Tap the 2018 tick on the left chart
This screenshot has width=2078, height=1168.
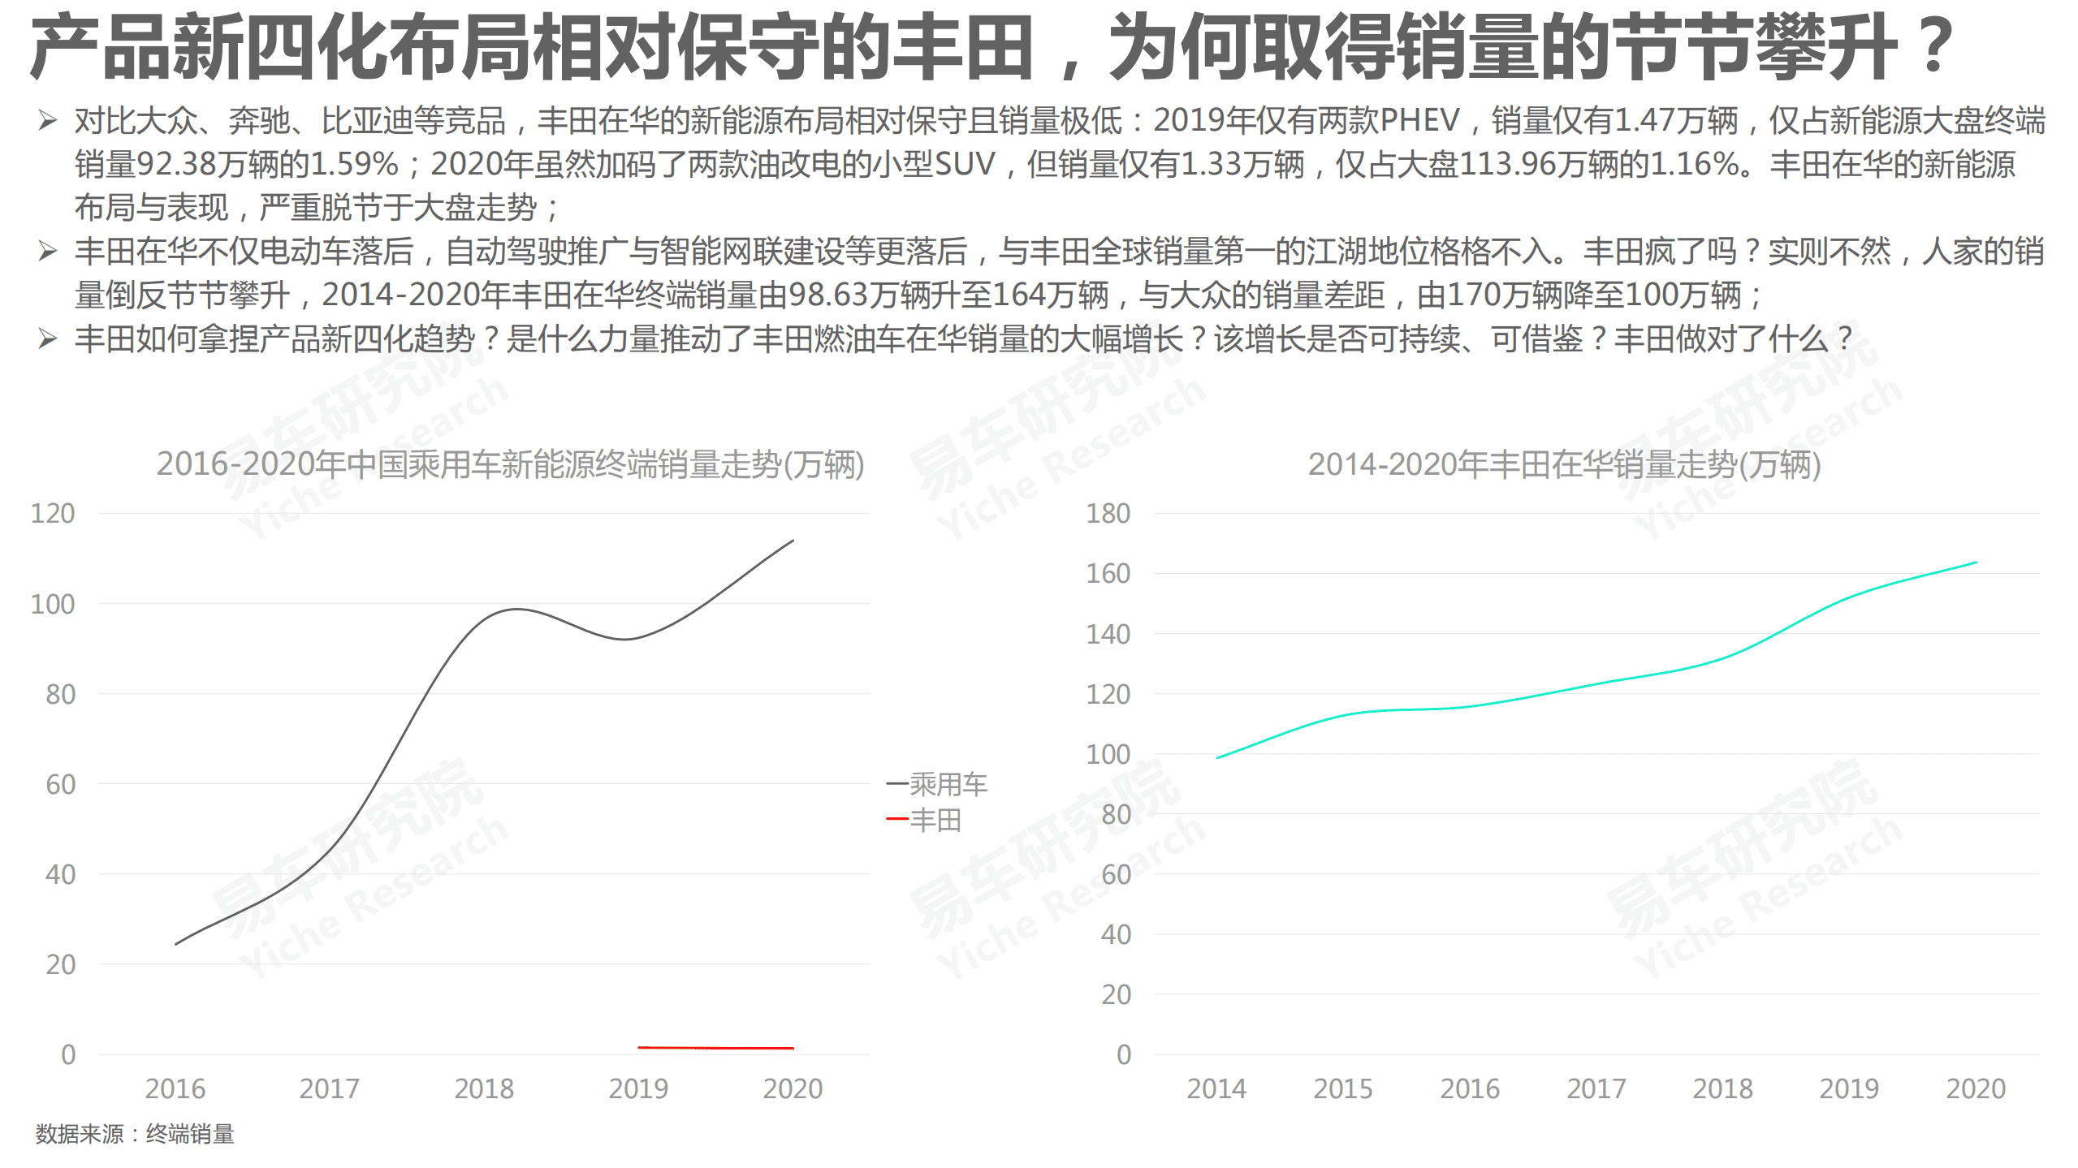tap(484, 1088)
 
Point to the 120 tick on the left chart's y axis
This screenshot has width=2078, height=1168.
tap(53, 513)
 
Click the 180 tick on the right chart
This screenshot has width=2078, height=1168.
tap(1108, 513)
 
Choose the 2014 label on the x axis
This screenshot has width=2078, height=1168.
tap(1216, 1088)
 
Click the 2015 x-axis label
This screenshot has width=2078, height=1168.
tap(1343, 1088)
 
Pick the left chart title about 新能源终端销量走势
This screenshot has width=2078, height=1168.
tap(510, 464)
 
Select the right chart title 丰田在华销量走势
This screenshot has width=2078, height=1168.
tap(1564, 464)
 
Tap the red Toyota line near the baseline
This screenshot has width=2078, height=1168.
tap(715, 1048)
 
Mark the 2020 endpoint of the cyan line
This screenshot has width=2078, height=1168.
tap(1975, 562)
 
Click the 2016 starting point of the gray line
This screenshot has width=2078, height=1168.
tap(176, 944)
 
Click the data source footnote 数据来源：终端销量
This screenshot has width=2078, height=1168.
tap(135, 1134)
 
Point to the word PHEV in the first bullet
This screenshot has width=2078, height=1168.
tap(1419, 120)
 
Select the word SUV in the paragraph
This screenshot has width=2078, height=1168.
tap(965, 164)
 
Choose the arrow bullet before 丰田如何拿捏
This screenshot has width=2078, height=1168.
tap(47, 338)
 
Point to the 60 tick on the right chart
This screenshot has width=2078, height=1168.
tap(1117, 874)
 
